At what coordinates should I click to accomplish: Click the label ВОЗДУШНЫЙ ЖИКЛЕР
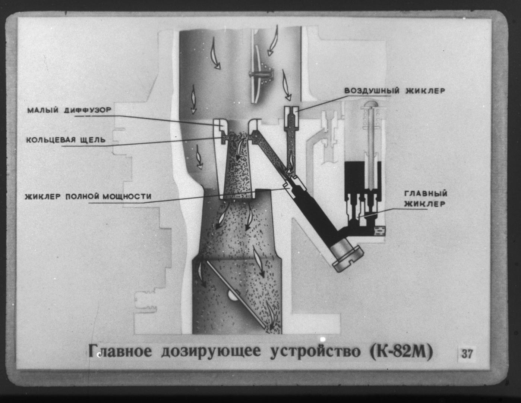394,91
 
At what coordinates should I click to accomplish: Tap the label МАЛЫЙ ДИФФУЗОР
69,110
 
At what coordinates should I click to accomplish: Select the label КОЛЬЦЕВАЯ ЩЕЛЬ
66,140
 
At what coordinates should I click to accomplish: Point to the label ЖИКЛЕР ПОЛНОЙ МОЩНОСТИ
88,196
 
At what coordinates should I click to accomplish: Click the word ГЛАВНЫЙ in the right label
426,194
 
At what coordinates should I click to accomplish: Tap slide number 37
467,353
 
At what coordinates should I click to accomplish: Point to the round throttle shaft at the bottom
234,297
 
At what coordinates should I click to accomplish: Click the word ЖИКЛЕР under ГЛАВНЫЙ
426,204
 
